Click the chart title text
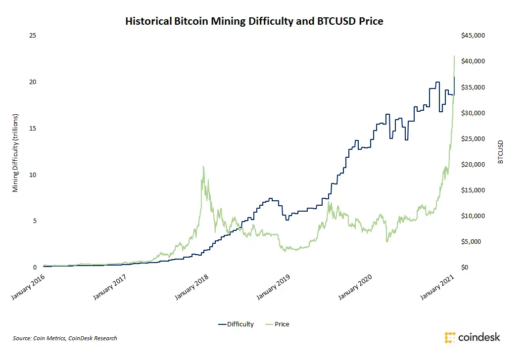[x=254, y=21]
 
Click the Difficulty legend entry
[x=236, y=324]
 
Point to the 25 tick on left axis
[x=34, y=36]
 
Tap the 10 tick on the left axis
[x=34, y=175]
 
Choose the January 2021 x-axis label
[x=436, y=287]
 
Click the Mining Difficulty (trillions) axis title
[x=15, y=151]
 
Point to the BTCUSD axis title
[x=501, y=151]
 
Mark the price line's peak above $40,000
[x=454, y=55]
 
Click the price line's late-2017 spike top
[x=203, y=167]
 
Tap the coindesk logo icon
[x=450, y=338]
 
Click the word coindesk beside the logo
[x=479, y=338]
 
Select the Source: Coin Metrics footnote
[x=65, y=338]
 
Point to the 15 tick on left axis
[x=34, y=128]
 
